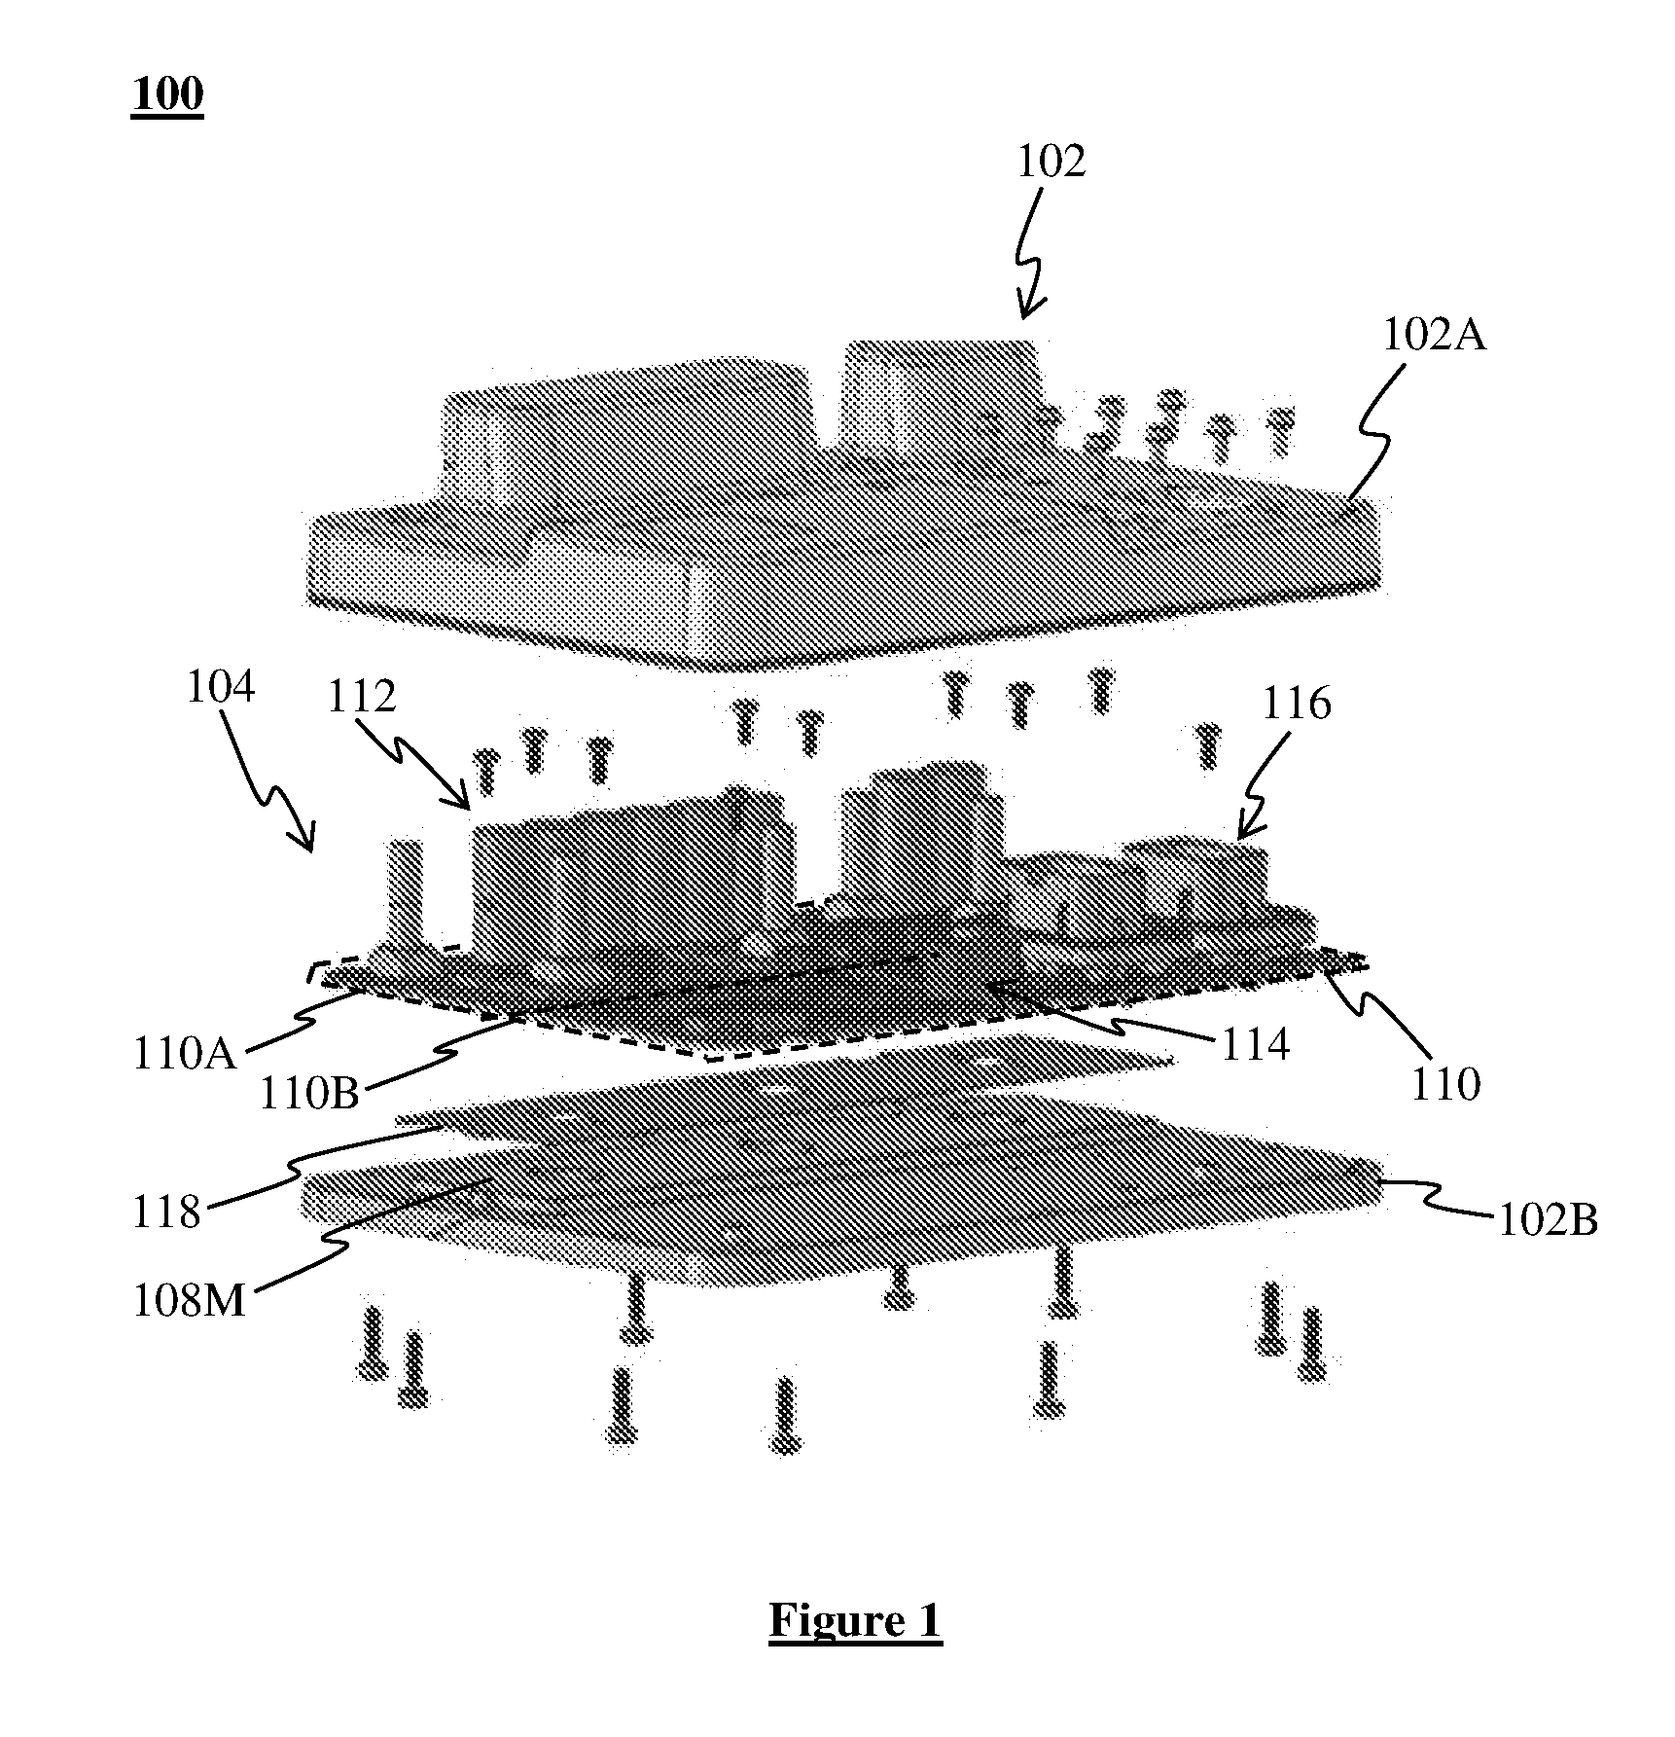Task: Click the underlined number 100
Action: (167, 95)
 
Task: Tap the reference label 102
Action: (1051, 162)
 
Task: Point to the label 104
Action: (220, 687)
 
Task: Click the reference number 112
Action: (361, 697)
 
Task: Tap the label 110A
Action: (185, 1054)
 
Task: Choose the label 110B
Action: (309, 1093)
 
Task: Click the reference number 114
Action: (1254, 1045)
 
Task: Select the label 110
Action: (1445, 1083)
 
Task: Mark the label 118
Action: (166, 1212)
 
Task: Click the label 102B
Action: (1547, 1220)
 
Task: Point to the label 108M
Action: (190, 1301)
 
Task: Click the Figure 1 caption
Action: (855, 1620)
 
